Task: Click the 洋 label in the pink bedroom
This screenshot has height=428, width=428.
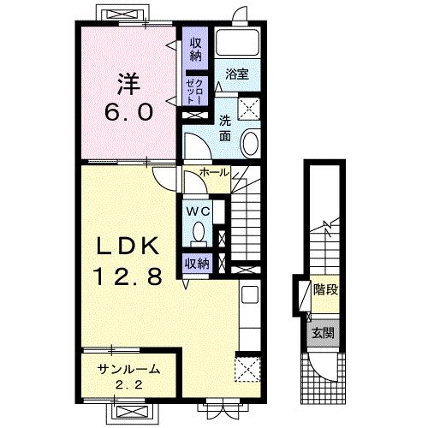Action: (129, 84)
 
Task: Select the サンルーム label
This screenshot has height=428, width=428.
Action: (128, 370)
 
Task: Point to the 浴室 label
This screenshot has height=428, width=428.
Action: (237, 74)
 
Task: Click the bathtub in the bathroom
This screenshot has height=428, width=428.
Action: (237, 43)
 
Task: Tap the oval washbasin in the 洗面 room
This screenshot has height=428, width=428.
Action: (250, 143)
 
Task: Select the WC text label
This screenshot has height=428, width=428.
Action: (199, 211)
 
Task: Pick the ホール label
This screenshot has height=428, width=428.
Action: (215, 172)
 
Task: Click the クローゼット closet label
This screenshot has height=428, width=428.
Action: (195, 91)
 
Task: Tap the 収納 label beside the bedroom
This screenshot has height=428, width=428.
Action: (195, 50)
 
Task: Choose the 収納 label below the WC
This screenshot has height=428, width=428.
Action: (197, 264)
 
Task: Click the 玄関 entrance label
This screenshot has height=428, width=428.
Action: (323, 333)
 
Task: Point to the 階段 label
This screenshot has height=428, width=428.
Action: (326, 290)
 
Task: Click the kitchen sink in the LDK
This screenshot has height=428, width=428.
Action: (250, 294)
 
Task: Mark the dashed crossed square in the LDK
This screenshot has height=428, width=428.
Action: (247, 369)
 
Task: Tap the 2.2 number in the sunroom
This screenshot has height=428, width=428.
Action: (128, 385)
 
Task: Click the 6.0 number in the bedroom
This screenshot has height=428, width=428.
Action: (128, 112)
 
